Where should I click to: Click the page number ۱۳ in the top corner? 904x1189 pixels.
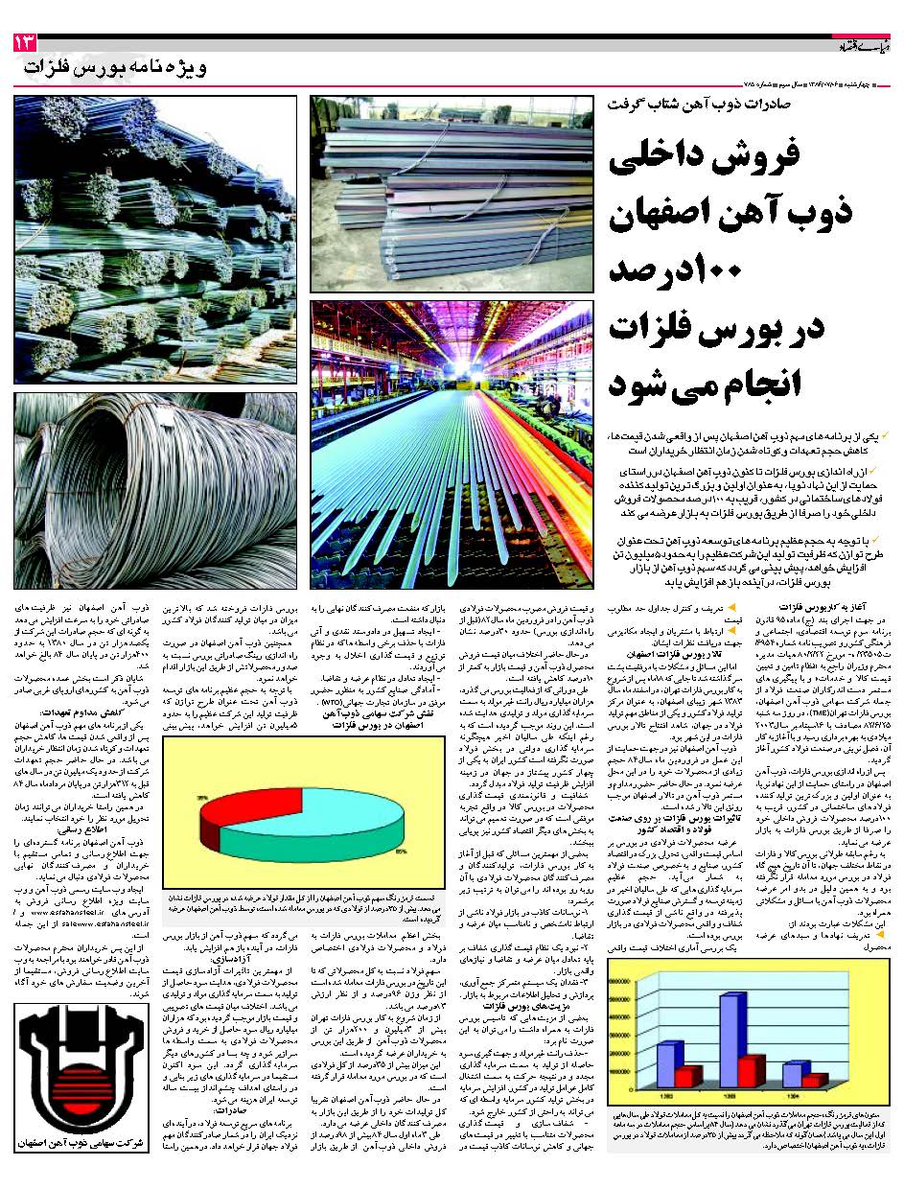point(23,43)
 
